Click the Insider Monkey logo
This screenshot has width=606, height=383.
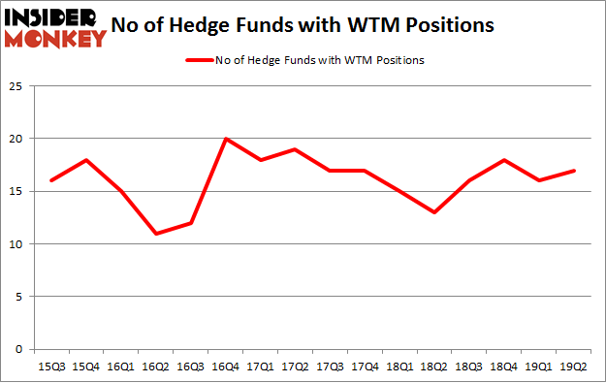pos(54,27)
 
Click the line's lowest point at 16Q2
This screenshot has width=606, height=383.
pos(156,234)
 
